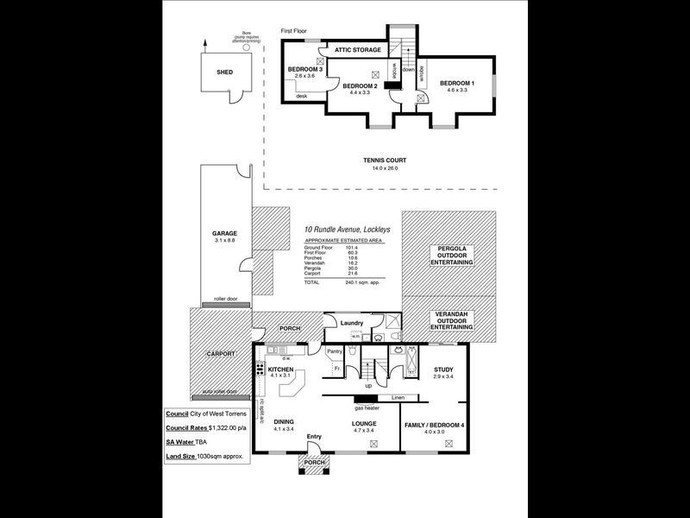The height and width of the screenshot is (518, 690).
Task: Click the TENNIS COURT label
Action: click(x=385, y=161)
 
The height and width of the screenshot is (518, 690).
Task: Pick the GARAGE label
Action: click(x=224, y=233)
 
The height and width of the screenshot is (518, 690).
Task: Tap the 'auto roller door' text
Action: click(x=219, y=391)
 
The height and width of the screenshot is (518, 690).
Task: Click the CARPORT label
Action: click(x=222, y=354)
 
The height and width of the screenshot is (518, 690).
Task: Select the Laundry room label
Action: click(x=353, y=324)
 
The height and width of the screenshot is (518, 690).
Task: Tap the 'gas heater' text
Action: click(x=367, y=407)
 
